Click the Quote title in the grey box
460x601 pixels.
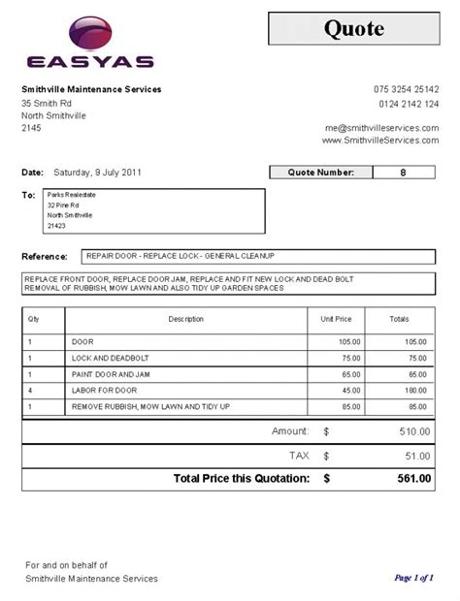click(353, 28)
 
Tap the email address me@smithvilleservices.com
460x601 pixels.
click(381, 128)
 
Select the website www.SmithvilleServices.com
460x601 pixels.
click(380, 141)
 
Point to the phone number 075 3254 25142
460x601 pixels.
click(406, 90)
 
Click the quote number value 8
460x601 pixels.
click(403, 173)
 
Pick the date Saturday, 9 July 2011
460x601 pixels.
click(98, 173)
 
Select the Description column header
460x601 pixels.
click(185, 318)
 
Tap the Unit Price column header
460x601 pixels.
click(336, 318)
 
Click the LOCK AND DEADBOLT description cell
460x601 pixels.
click(107, 358)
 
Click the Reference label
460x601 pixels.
click(44, 257)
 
